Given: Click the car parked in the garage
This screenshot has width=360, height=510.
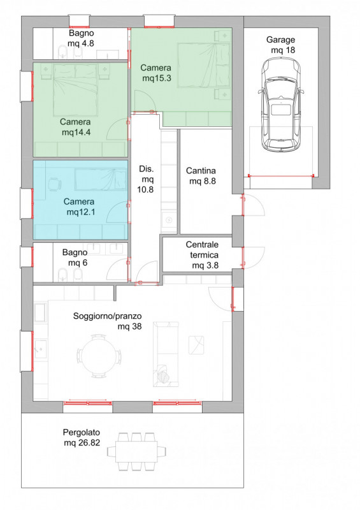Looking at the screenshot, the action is [x=280, y=105].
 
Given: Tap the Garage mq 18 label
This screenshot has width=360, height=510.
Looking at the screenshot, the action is [x=281, y=45].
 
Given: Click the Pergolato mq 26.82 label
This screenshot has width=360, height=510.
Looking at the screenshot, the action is [x=82, y=437].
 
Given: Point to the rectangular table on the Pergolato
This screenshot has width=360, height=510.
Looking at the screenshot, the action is [x=136, y=451].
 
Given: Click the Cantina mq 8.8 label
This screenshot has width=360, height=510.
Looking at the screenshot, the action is [x=201, y=176].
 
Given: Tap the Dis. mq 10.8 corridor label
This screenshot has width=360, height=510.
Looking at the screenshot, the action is [x=146, y=179].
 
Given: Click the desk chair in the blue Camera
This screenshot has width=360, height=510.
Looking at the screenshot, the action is [x=55, y=184].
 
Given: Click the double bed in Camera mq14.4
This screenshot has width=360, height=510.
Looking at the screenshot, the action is [x=75, y=90].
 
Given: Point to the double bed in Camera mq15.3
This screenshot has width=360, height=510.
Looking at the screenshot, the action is [x=204, y=65].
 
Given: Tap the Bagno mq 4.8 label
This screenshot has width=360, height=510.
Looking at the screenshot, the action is [x=82, y=38].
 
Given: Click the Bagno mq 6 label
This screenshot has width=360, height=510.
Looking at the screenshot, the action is [x=75, y=258].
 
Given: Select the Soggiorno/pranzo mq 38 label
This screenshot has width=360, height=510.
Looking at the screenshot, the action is [x=108, y=321].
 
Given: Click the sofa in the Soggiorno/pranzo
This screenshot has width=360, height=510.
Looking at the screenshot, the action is [x=166, y=354].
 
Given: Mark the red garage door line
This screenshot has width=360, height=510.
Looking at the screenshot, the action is [x=281, y=176].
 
